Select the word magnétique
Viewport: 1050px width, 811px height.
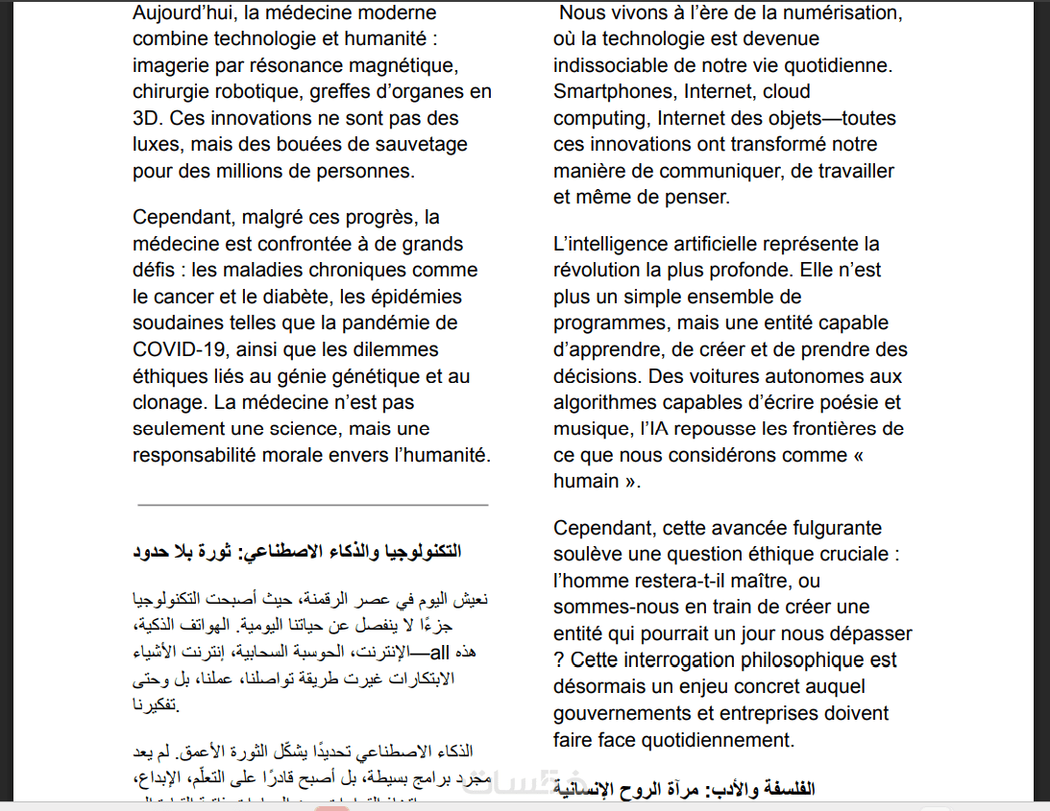pos(397,66)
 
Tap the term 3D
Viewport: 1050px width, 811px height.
pos(148,119)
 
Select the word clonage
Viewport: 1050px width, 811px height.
pos(167,402)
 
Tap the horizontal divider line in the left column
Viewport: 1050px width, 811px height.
pos(312,504)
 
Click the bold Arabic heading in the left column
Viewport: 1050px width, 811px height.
pos(297,553)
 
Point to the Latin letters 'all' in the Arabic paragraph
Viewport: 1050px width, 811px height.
pos(438,653)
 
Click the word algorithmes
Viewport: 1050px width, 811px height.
pos(606,402)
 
